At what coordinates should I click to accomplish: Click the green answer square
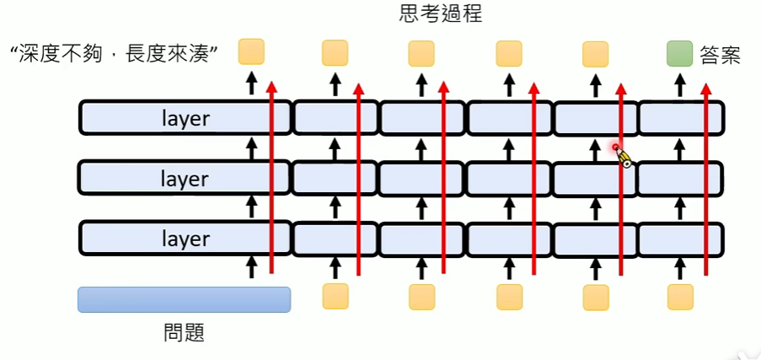[679, 53]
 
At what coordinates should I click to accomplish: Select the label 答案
[721, 56]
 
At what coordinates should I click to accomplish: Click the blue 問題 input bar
[184, 299]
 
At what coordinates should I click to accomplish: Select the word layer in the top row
[185, 118]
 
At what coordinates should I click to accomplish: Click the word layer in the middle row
[185, 179]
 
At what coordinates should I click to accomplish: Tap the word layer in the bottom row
[185, 239]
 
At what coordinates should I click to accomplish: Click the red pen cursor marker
[621, 154]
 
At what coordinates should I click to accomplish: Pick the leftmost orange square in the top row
[251, 51]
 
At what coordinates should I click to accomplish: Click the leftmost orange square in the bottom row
[335, 297]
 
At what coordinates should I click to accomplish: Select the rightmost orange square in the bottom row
[680, 297]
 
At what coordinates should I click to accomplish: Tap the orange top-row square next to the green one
[595, 54]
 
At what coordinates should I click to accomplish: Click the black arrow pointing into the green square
[681, 84]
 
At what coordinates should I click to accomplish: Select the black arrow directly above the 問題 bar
[249, 268]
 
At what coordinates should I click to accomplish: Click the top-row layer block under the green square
[681, 118]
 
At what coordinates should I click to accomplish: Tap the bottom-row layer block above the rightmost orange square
[681, 239]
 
